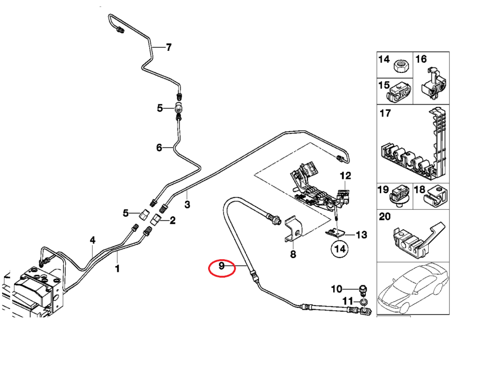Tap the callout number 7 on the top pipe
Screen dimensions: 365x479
coord(169,47)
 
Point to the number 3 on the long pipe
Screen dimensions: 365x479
coord(187,204)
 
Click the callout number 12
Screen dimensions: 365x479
coord(345,176)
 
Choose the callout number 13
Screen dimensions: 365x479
coord(361,234)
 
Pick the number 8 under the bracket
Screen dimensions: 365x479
coord(293,255)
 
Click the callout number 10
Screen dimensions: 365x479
coord(336,289)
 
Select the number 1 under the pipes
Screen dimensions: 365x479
coord(118,269)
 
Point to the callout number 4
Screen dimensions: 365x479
coord(92,241)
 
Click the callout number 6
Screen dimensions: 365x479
coord(159,147)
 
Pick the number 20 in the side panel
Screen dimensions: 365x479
coord(385,217)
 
